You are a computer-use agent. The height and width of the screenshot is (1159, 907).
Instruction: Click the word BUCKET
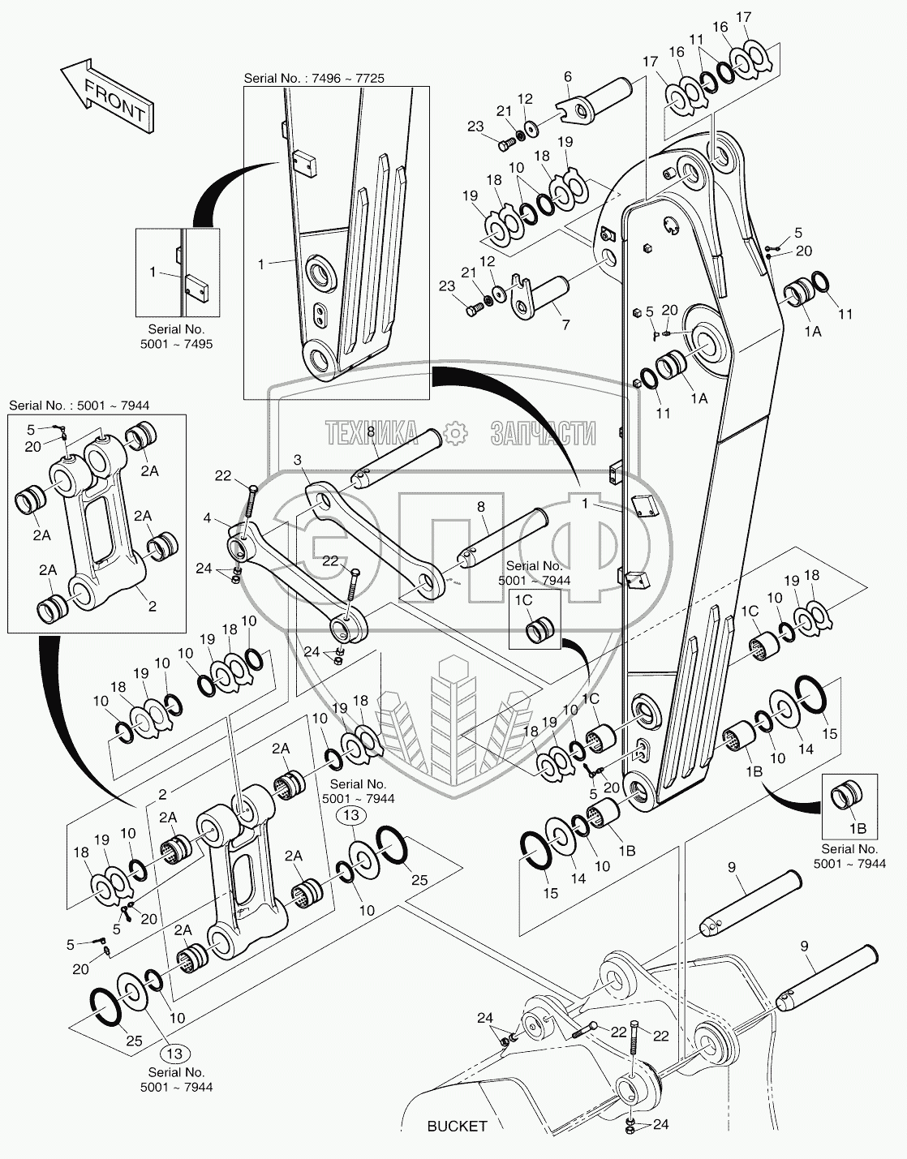pyautogui.click(x=457, y=1126)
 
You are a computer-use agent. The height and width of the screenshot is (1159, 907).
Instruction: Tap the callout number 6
pyautogui.click(x=568, y=77)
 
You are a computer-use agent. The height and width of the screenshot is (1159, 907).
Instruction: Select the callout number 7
pyautogui.click(x=565, y=324)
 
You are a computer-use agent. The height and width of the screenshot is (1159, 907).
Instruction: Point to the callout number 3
pyautogui.click(x=298, y=460)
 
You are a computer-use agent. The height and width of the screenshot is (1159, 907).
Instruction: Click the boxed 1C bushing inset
pyautogui.click(x=535, y=619)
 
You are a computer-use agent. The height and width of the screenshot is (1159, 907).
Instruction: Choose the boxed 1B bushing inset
pyautogui.click(x=849, y=806)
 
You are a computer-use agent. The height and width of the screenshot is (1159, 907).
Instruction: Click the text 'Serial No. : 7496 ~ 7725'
pyautogui.click(x=314, y=78)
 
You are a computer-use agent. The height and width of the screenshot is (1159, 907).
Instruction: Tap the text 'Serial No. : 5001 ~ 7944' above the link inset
pyautogui.click(x=79, y=405)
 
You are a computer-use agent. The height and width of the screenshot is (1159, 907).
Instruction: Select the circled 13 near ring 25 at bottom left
pyautogui.click(x=174, y=1054)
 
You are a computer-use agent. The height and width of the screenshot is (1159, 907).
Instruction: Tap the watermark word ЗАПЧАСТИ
pyautogui.click(x=543, y=434)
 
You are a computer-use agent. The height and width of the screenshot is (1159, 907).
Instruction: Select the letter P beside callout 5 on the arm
pyautogui.click(x=656, y=333)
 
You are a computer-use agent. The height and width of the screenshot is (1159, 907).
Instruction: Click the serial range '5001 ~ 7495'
pyautogui.click(x=175, y=344)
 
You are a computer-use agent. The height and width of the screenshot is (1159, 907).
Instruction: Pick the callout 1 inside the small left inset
pyautogui.click(x=153, y=273)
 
